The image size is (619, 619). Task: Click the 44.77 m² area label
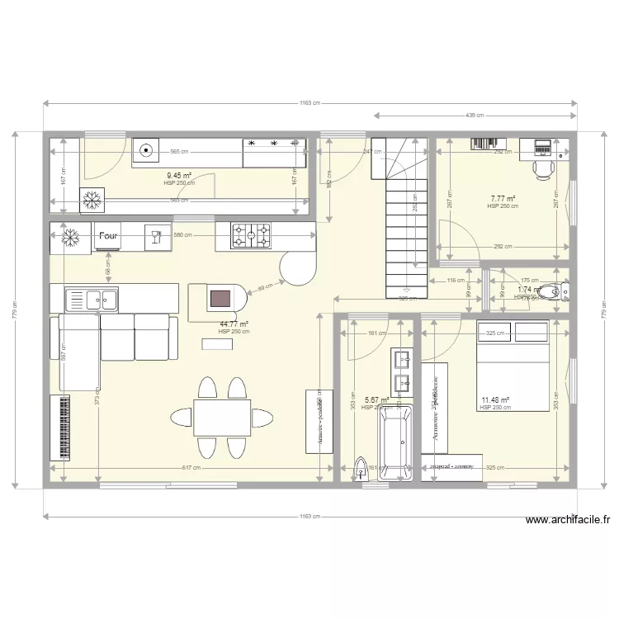click(x=234, y=325)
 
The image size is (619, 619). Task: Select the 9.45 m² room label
click(x=178, y=176)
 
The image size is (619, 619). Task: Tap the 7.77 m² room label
click(x=503, y=199)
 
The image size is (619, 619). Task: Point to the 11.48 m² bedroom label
click(x=495, y=400)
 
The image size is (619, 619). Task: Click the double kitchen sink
click(x=92, y=298)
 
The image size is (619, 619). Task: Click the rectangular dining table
click(x=222, y=418)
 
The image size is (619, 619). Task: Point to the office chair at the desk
click(x=542, y=168)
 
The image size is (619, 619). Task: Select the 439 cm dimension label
click(x=474, y=116)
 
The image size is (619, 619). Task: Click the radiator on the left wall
click(x=60, y=428)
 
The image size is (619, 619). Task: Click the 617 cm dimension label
click(x=191, y=468)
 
